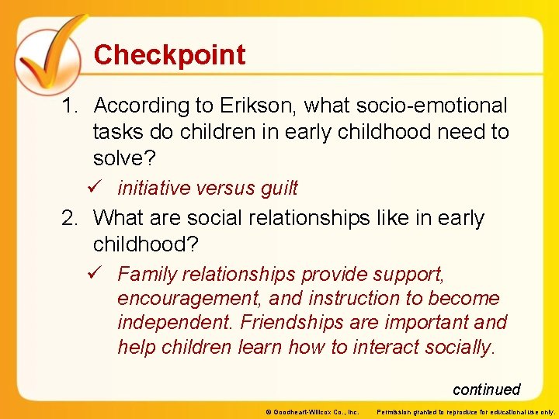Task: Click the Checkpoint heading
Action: (x=169, y=55)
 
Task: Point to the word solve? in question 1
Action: (x=124, y=158)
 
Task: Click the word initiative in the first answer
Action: (x=153, y=189)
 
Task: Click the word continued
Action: (x=486, y=390)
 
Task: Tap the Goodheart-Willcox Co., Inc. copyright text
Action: (x=311, y=412)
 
